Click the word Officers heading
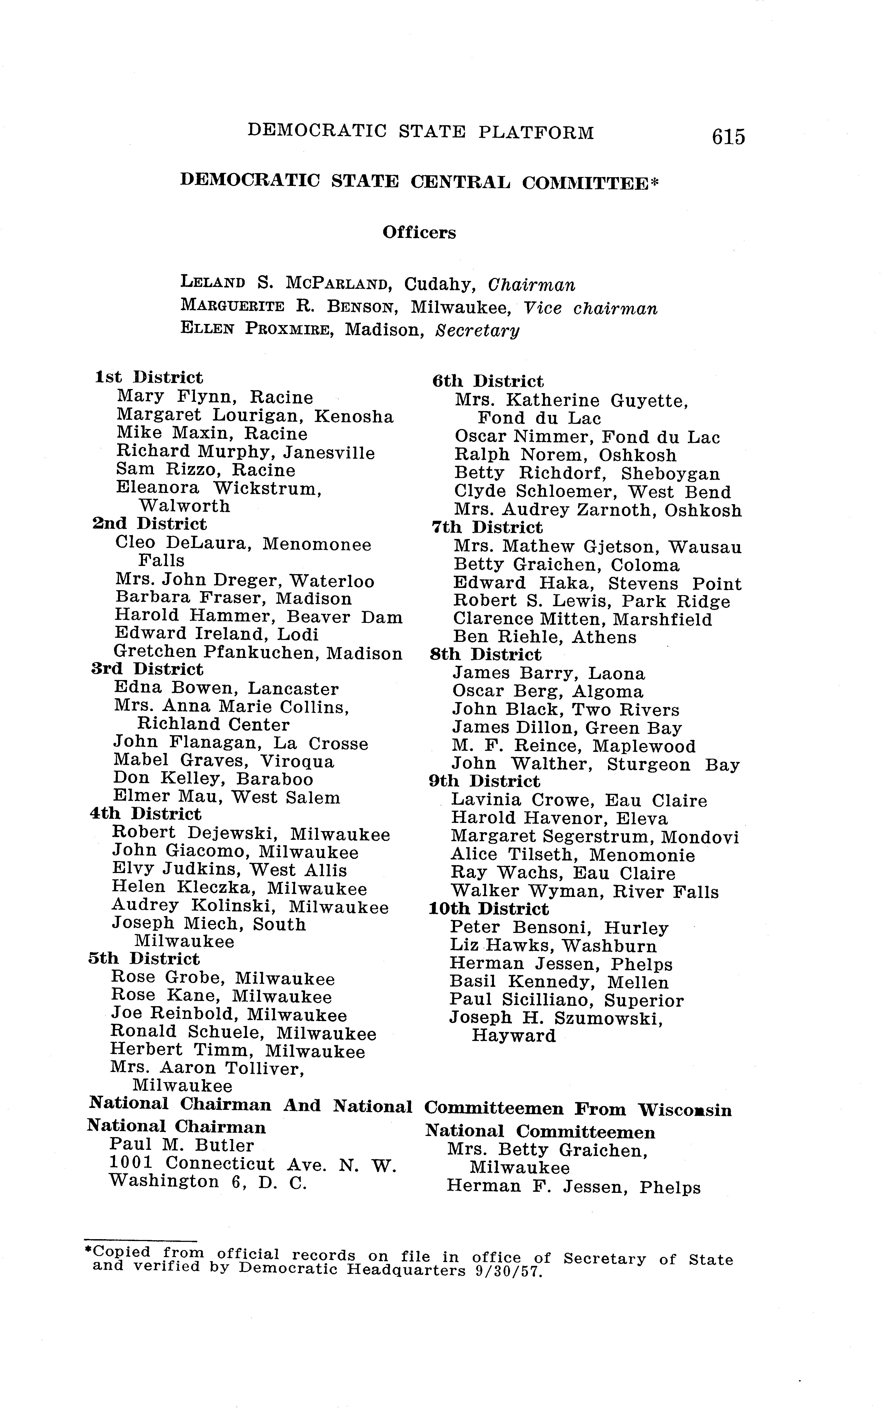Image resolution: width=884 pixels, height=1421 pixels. (419, 233)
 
